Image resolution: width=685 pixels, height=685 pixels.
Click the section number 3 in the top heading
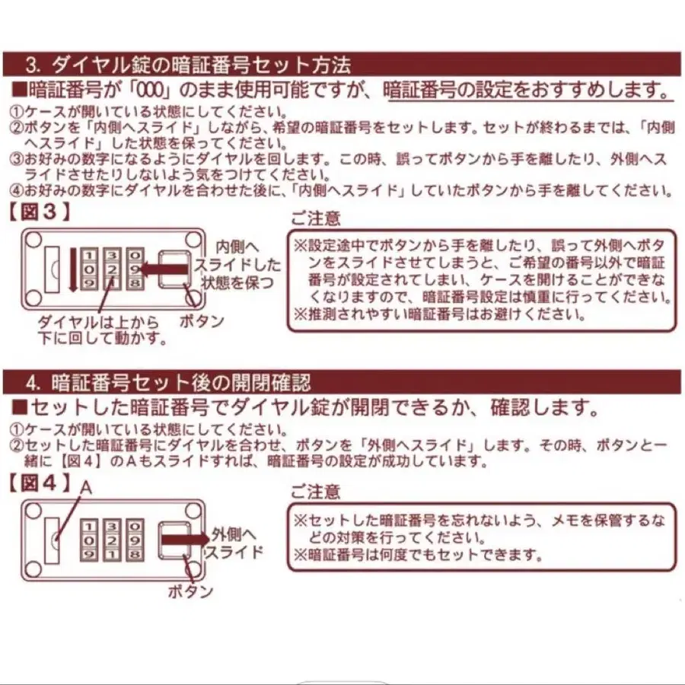click(x=32, y=64)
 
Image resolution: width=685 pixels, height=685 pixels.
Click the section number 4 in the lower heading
click(x=32, y=381)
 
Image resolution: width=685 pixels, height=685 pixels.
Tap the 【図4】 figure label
click(x=39, y=483)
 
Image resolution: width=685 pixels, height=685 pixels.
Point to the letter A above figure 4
click(x=86, y=488)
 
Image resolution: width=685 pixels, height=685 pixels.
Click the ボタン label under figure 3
click(x=202, y=321)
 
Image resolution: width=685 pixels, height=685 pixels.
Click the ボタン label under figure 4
click(x=190, y=591)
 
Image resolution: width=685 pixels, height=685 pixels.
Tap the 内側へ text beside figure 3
click(x=238, y=247)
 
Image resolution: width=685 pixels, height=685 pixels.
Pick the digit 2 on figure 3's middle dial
click(x=112, y=269)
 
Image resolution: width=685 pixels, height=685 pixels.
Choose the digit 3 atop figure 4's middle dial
click(x=112, y=525)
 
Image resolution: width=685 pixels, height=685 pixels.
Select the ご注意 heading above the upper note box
click(x=316, y=218)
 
